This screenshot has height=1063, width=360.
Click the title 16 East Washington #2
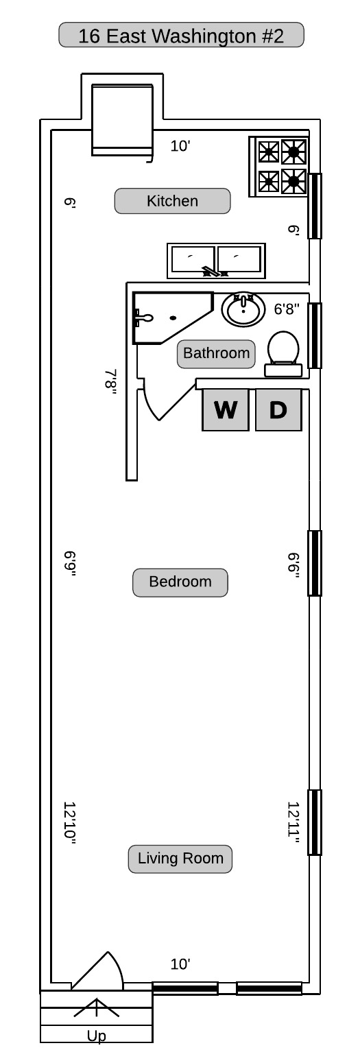click(181, 36)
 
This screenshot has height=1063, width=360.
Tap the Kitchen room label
click(172, 201)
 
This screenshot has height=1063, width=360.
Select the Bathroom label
click(216, 354)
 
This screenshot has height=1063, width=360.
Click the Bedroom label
click(180, 582)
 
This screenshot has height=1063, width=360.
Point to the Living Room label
click(180, 859)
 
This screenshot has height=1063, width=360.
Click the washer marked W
click(226, 410)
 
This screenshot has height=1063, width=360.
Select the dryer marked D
click(278, 410)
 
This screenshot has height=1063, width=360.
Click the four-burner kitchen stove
click(279, 167)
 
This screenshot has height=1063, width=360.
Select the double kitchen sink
click(216, 261)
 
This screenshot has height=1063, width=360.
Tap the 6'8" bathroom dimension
click(287, 309)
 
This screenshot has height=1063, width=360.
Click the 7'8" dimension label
click(110, 382)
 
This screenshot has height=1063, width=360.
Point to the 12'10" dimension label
click(70, 824)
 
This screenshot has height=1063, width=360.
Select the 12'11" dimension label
click(293, 824)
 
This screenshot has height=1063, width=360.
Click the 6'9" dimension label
click(70, 564)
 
